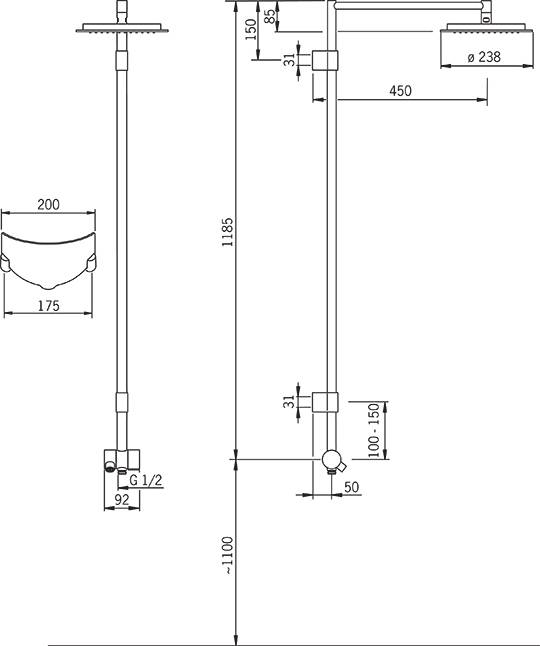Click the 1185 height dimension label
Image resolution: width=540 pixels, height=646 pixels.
point(227,232)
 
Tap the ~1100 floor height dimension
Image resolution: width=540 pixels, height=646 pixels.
point(227,555)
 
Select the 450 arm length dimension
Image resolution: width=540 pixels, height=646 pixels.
point(400,91)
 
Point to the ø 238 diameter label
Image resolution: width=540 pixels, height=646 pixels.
point(484,57)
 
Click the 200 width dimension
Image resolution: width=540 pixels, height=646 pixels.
point(48,204)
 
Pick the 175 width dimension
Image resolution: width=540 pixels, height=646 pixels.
point(49,306)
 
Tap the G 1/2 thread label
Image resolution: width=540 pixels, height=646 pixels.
point(146,480)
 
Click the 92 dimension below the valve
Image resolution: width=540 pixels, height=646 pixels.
point(122,500)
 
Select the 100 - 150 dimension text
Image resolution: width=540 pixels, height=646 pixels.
point(374,430)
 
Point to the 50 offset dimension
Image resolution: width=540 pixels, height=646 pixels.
point(351,487)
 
